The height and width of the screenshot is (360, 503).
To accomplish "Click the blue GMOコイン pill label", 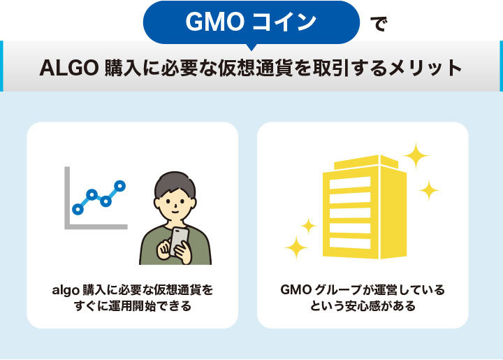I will tap(251, 22).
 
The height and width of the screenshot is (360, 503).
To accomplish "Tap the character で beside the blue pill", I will tap(378, 24).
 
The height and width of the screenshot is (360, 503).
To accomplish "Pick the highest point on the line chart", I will tap(120, 186).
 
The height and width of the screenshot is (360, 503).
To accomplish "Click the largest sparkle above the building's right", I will tap(416, 156).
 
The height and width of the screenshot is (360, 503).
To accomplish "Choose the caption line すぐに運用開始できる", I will tap(131, 307).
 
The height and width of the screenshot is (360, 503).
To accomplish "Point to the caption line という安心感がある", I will tap(363, 307).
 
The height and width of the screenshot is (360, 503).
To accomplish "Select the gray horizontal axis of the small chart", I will tap(96, 226).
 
